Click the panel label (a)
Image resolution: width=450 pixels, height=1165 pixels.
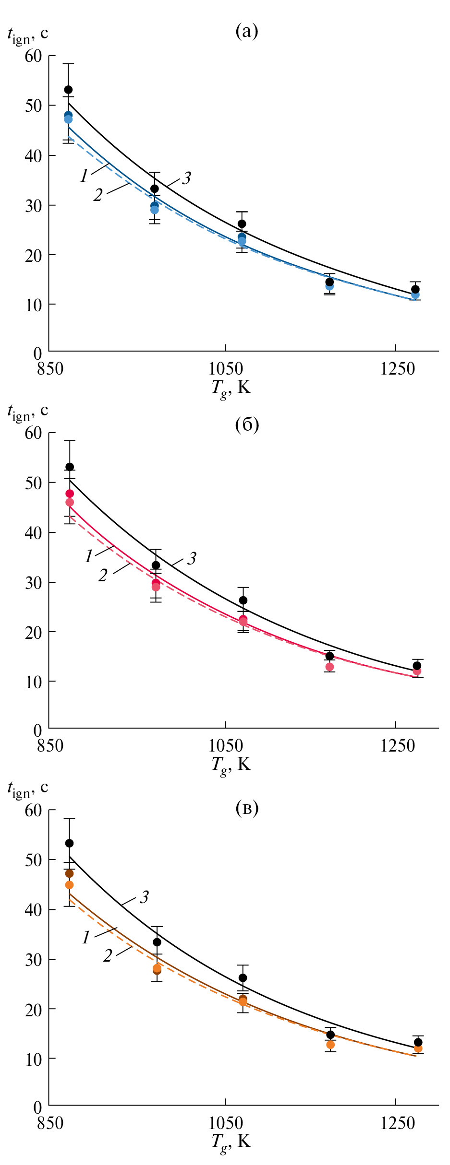(247, 32)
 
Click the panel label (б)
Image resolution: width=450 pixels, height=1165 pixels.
(247, 424)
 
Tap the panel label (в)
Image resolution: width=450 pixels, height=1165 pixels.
(247, 808)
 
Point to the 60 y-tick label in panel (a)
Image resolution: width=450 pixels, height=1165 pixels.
(34, 56)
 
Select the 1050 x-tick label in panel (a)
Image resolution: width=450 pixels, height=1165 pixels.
(225, 369)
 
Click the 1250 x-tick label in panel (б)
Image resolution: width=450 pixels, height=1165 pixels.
(397, 746)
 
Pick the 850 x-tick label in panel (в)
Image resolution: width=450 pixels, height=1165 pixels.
(50, 1123)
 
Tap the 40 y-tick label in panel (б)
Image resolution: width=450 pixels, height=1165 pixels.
(34, 532)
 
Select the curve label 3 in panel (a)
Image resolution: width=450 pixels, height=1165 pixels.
(186, 178)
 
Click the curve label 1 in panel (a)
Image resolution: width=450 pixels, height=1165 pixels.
(84, 176)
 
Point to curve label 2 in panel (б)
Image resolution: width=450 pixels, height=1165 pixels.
(103, 575)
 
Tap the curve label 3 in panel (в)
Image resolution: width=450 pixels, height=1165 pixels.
(144, 897)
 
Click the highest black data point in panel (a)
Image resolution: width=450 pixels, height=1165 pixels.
(68, 90)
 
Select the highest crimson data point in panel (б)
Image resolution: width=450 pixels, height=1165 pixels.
(70, 494)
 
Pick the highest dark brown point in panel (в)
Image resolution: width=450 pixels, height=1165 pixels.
(69, 873)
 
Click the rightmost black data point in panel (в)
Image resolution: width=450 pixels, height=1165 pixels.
(418, 1042)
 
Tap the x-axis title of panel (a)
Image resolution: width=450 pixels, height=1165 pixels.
(231, 388)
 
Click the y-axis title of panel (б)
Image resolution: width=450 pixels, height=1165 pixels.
(28, 412)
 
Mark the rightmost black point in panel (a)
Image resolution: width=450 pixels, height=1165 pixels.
(415, 289)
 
